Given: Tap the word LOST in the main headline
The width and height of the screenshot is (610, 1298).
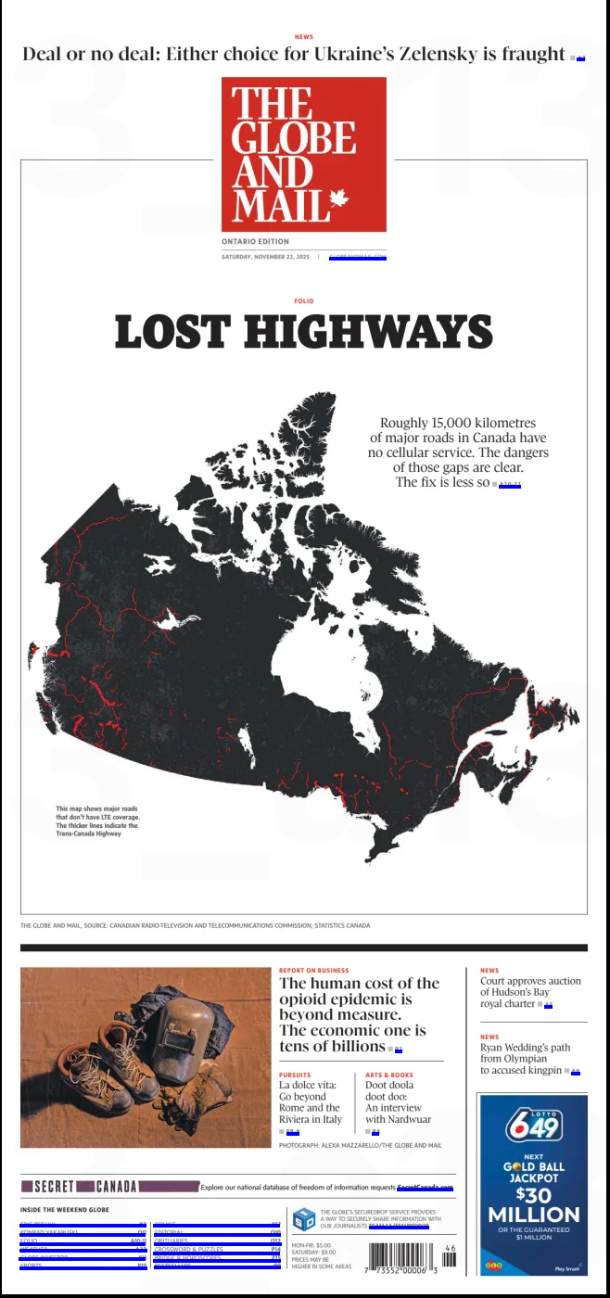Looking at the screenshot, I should (172, 332).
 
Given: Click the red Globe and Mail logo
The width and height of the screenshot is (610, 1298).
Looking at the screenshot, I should (303, 154).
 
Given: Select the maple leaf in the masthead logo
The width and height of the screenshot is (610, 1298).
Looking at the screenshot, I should (338, 198).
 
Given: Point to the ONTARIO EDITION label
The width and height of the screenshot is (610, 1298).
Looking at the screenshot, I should (255, 241).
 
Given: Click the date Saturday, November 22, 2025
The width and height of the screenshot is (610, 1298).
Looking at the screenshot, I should (265, 257).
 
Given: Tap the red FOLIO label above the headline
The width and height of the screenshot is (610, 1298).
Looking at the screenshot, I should (303, 301).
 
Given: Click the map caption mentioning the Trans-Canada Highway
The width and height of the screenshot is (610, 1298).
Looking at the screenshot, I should (96, 821).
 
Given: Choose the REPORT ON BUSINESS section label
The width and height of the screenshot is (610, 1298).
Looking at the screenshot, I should (313, 971).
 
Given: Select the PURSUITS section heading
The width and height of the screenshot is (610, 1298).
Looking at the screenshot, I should (295, 1075).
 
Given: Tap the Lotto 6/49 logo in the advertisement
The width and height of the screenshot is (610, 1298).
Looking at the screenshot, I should (533, 1126).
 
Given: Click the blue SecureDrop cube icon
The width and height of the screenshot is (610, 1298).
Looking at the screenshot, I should (303, 1218).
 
